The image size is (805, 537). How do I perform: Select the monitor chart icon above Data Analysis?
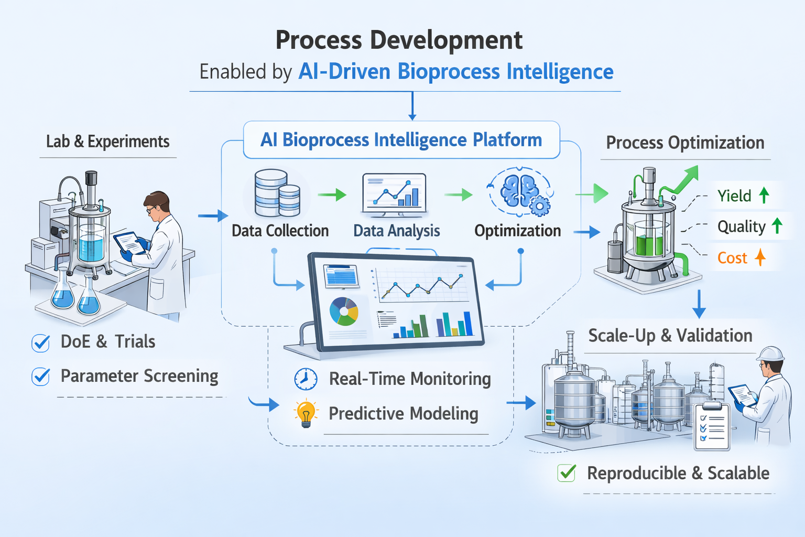394,195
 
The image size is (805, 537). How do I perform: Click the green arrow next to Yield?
764,196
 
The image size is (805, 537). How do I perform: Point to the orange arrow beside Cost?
760,257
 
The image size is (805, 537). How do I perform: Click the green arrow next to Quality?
777,226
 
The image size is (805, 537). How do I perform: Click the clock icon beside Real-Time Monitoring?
306,379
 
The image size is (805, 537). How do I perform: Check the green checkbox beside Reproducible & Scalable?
567,473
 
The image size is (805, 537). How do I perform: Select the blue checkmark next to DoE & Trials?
41,342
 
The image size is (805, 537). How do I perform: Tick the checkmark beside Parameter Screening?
41,377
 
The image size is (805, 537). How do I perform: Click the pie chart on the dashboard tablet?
344,312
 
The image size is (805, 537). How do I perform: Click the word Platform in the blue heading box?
507,140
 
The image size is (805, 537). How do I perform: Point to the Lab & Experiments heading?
107,142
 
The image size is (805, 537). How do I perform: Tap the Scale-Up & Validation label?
670,336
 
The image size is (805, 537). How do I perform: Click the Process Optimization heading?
685,143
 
